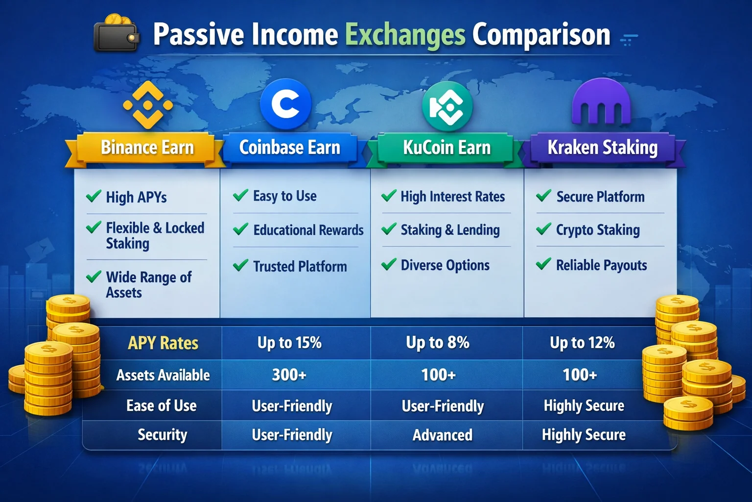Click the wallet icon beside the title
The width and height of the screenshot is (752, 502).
117,33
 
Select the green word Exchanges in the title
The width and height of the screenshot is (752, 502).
405,34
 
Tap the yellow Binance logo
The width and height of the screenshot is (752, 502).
148,105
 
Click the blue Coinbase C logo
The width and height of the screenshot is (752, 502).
286,104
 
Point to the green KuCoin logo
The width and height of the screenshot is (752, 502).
447,106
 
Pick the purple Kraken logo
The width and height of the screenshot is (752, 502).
601,103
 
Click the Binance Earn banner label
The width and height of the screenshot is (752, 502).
147,148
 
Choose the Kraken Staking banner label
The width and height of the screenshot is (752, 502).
602,148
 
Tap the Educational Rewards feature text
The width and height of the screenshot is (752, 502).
308,230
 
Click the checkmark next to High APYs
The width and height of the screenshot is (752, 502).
94,197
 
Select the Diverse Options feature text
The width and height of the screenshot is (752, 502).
445,265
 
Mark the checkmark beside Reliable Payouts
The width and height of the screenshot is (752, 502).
543,265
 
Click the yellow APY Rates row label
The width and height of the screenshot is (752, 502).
163,343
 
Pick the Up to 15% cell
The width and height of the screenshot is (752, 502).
289,343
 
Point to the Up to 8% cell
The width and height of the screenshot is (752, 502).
438,343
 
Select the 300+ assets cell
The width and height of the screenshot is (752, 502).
289,375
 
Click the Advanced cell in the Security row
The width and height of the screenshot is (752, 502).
443,435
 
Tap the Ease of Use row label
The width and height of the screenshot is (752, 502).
162,406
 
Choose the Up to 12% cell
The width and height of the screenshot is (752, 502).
582,343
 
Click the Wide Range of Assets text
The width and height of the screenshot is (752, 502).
148,285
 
